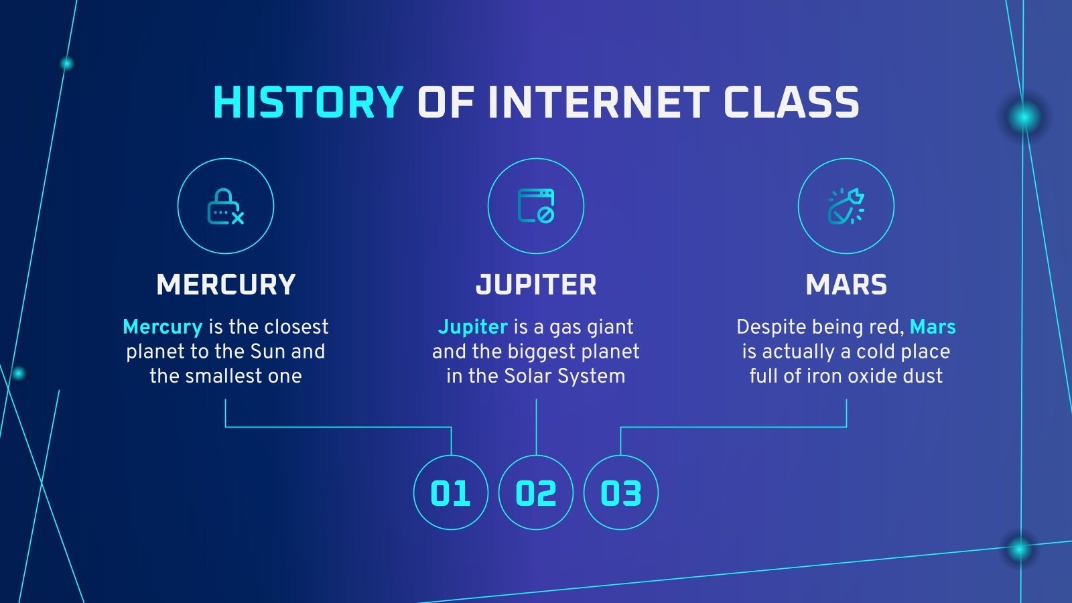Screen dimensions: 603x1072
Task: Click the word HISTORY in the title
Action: [x=308, y=103]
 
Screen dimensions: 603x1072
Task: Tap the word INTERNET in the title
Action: [x=598, y=103]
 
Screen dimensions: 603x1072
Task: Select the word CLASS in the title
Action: [x=791, y=103]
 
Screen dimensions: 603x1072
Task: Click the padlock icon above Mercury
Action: [x=226, y=206]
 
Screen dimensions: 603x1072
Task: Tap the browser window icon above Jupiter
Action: [x=536, y=206]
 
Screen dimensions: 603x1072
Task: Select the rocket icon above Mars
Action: [x=846, y=206]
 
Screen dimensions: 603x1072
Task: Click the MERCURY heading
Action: [x=226, y=285]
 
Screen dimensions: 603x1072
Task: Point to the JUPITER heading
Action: [x=536, y=285]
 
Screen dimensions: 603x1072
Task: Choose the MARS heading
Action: [x=846, y=285]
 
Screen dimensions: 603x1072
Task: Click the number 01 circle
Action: [x=450, y=493]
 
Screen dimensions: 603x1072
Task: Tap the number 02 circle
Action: [x=536, y=493]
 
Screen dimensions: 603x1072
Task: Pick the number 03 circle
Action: [x=621, y=493]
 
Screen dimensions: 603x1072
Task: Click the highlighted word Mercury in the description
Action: [x=162, y=327]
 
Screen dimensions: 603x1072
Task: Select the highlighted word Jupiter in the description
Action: [x=472, y=327]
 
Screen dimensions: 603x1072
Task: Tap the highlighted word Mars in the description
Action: [x=933, y=327]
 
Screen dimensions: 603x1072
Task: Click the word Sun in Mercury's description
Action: [x=267, y=352]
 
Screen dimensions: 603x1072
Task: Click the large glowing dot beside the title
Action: [x=1024, y=118]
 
